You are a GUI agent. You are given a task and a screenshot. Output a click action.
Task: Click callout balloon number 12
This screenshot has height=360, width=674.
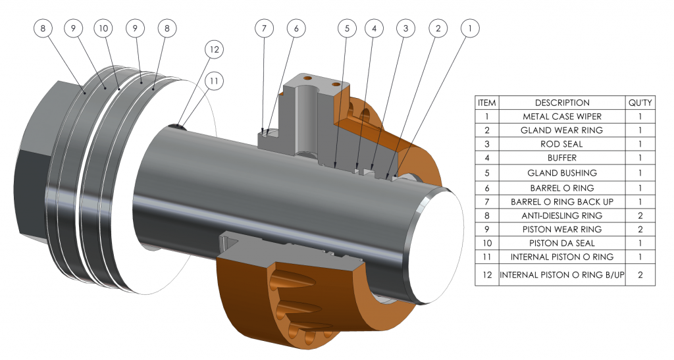pyautogui.click(x=214, y=49)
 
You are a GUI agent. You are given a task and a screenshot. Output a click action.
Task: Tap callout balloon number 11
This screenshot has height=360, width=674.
pyautogui.click(x=214, y=80)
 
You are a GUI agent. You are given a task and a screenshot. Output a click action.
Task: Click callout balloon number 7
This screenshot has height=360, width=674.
pyautogui.click(x=264, y=28)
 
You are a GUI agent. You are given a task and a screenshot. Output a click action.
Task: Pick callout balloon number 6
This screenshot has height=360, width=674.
pyautogui.click(x=296, y=28)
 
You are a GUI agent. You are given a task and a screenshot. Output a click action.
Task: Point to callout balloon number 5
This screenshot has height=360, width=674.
pyautogui.click(x=347, y=28)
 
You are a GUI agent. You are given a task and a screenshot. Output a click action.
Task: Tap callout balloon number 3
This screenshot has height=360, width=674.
pyautogui.click(x=405, y=28)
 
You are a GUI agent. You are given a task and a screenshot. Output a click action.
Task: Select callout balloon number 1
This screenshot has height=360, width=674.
pyautogui.click(x=469, y=28)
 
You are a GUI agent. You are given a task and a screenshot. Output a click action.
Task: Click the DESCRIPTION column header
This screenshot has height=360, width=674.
pyautogui.click(x=562, y=103)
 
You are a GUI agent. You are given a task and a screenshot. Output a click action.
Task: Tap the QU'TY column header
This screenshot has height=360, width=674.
pyautogui.click(x=640, y=103)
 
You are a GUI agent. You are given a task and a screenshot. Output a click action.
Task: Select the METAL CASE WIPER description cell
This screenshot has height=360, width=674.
pyautogui.click(x=562, y=116)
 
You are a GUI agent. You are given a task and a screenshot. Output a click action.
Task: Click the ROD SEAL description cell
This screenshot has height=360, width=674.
pyautogui.click(x=562, y=144)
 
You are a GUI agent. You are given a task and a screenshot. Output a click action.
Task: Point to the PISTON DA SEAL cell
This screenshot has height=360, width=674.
pyautogui.click(x=562, y=243)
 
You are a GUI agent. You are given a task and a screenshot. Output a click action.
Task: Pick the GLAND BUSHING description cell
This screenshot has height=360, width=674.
pyautogui.click(x=562, y=172)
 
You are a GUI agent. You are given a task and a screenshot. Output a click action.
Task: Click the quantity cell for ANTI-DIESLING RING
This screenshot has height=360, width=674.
pyautogui.click(x=640, y=215)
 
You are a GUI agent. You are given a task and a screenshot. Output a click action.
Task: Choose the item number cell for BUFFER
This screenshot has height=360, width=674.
pyautogui.click(x=486, y=159)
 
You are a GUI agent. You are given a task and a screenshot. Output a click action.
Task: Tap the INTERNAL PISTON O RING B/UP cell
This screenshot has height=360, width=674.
pyautogui.click(x=562, y=274)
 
